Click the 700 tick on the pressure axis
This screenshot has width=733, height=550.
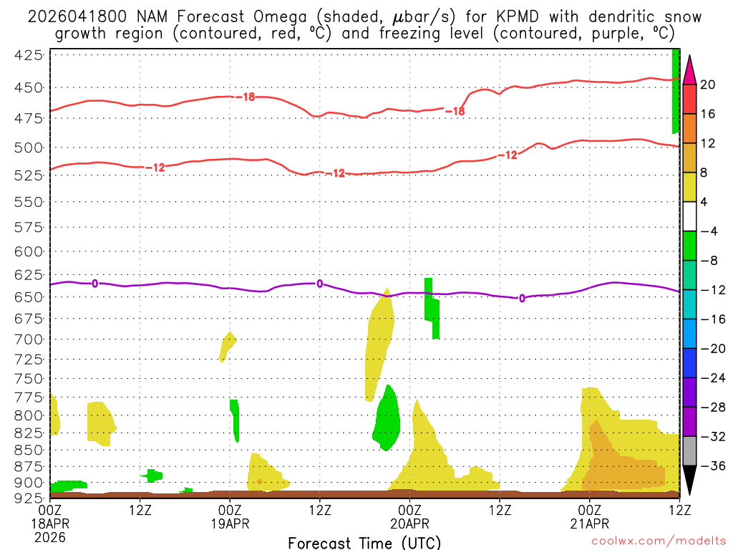[x=32, y=338]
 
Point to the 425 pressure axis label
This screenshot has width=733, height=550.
[x=32, y=54]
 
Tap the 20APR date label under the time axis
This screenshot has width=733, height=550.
[x=410, y=523]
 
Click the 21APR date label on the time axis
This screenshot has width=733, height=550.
[x=590, y=523]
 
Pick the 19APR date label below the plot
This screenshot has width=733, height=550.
[x=230, y=523]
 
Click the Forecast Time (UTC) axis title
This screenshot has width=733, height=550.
[x=364, y=542]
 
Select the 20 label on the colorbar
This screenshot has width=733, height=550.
[x=708, y=85]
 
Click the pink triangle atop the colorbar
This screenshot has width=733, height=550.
[x=689, y=70]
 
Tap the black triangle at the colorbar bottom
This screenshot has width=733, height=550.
[x=689, y=481]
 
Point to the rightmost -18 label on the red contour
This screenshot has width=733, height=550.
[x=455, y=111]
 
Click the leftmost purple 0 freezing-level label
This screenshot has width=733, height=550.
[x=95, y=284]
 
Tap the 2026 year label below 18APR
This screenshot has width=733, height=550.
[x=50, y=536]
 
